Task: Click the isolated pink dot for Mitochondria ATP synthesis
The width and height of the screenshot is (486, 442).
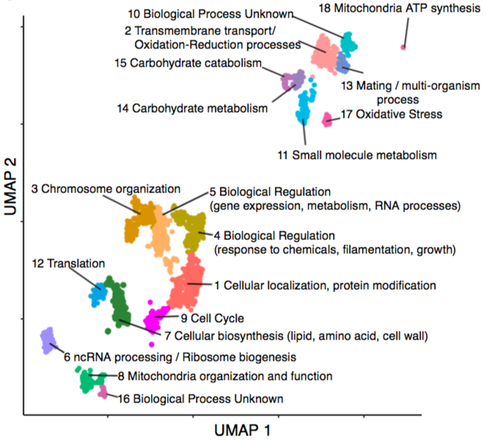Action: tap(402, 48)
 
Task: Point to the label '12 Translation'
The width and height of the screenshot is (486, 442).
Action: tap(67, 263)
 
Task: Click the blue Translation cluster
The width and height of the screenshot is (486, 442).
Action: tap(96, 294)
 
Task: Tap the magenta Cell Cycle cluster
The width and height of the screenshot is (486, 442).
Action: tap(155, 319)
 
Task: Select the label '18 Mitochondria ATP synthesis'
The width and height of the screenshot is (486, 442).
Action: tap(400, 10)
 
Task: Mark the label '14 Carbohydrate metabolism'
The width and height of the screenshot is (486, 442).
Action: tap(191, 108)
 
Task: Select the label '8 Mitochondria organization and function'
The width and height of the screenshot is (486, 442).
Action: tap(224, 376)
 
